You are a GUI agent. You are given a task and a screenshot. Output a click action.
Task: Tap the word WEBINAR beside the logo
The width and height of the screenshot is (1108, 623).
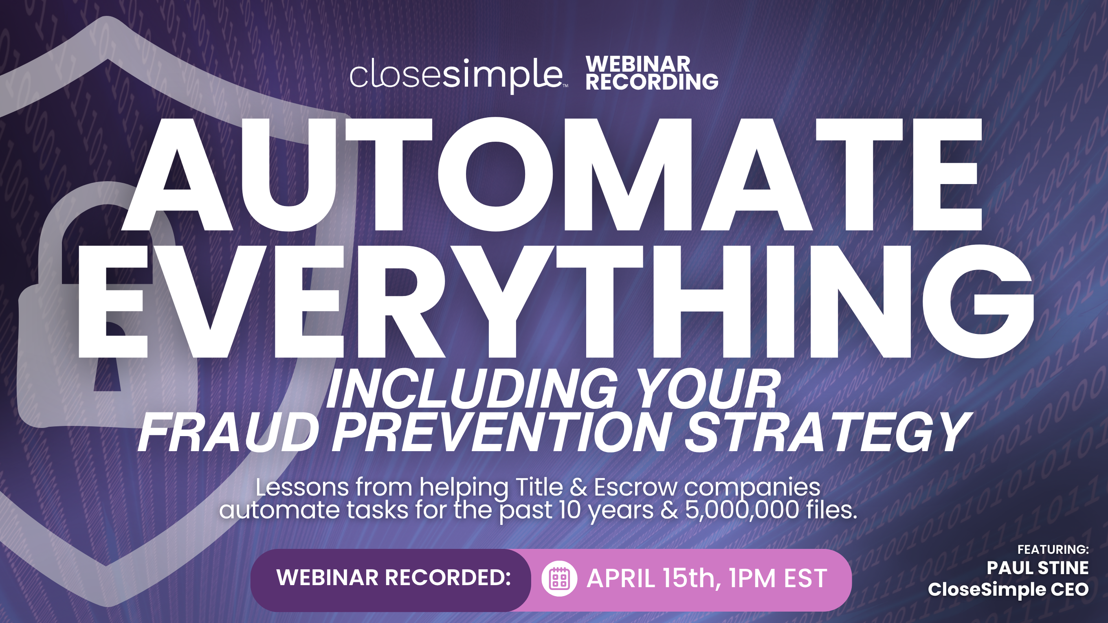tap(638, 64)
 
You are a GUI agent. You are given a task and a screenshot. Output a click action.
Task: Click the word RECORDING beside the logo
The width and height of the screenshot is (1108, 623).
tap(652, 82)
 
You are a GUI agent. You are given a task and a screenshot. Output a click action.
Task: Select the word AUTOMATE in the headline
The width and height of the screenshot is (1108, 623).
tap(552, 174)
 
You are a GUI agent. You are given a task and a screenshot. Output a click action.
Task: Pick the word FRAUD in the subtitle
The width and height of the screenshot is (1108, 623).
tap(229, 432)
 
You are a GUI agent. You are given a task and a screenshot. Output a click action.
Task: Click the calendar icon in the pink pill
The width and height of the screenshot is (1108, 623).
tap(559, 579)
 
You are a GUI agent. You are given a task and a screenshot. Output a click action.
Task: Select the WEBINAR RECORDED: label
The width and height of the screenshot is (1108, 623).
tap(394, 577)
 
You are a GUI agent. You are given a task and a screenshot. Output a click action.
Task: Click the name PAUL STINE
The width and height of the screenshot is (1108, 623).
tap(1037, 568)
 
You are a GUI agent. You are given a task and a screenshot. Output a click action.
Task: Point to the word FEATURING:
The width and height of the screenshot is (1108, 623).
tap(1053, 549)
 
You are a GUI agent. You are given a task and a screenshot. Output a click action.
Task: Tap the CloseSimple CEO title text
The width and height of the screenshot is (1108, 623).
tap(1008, 590)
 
